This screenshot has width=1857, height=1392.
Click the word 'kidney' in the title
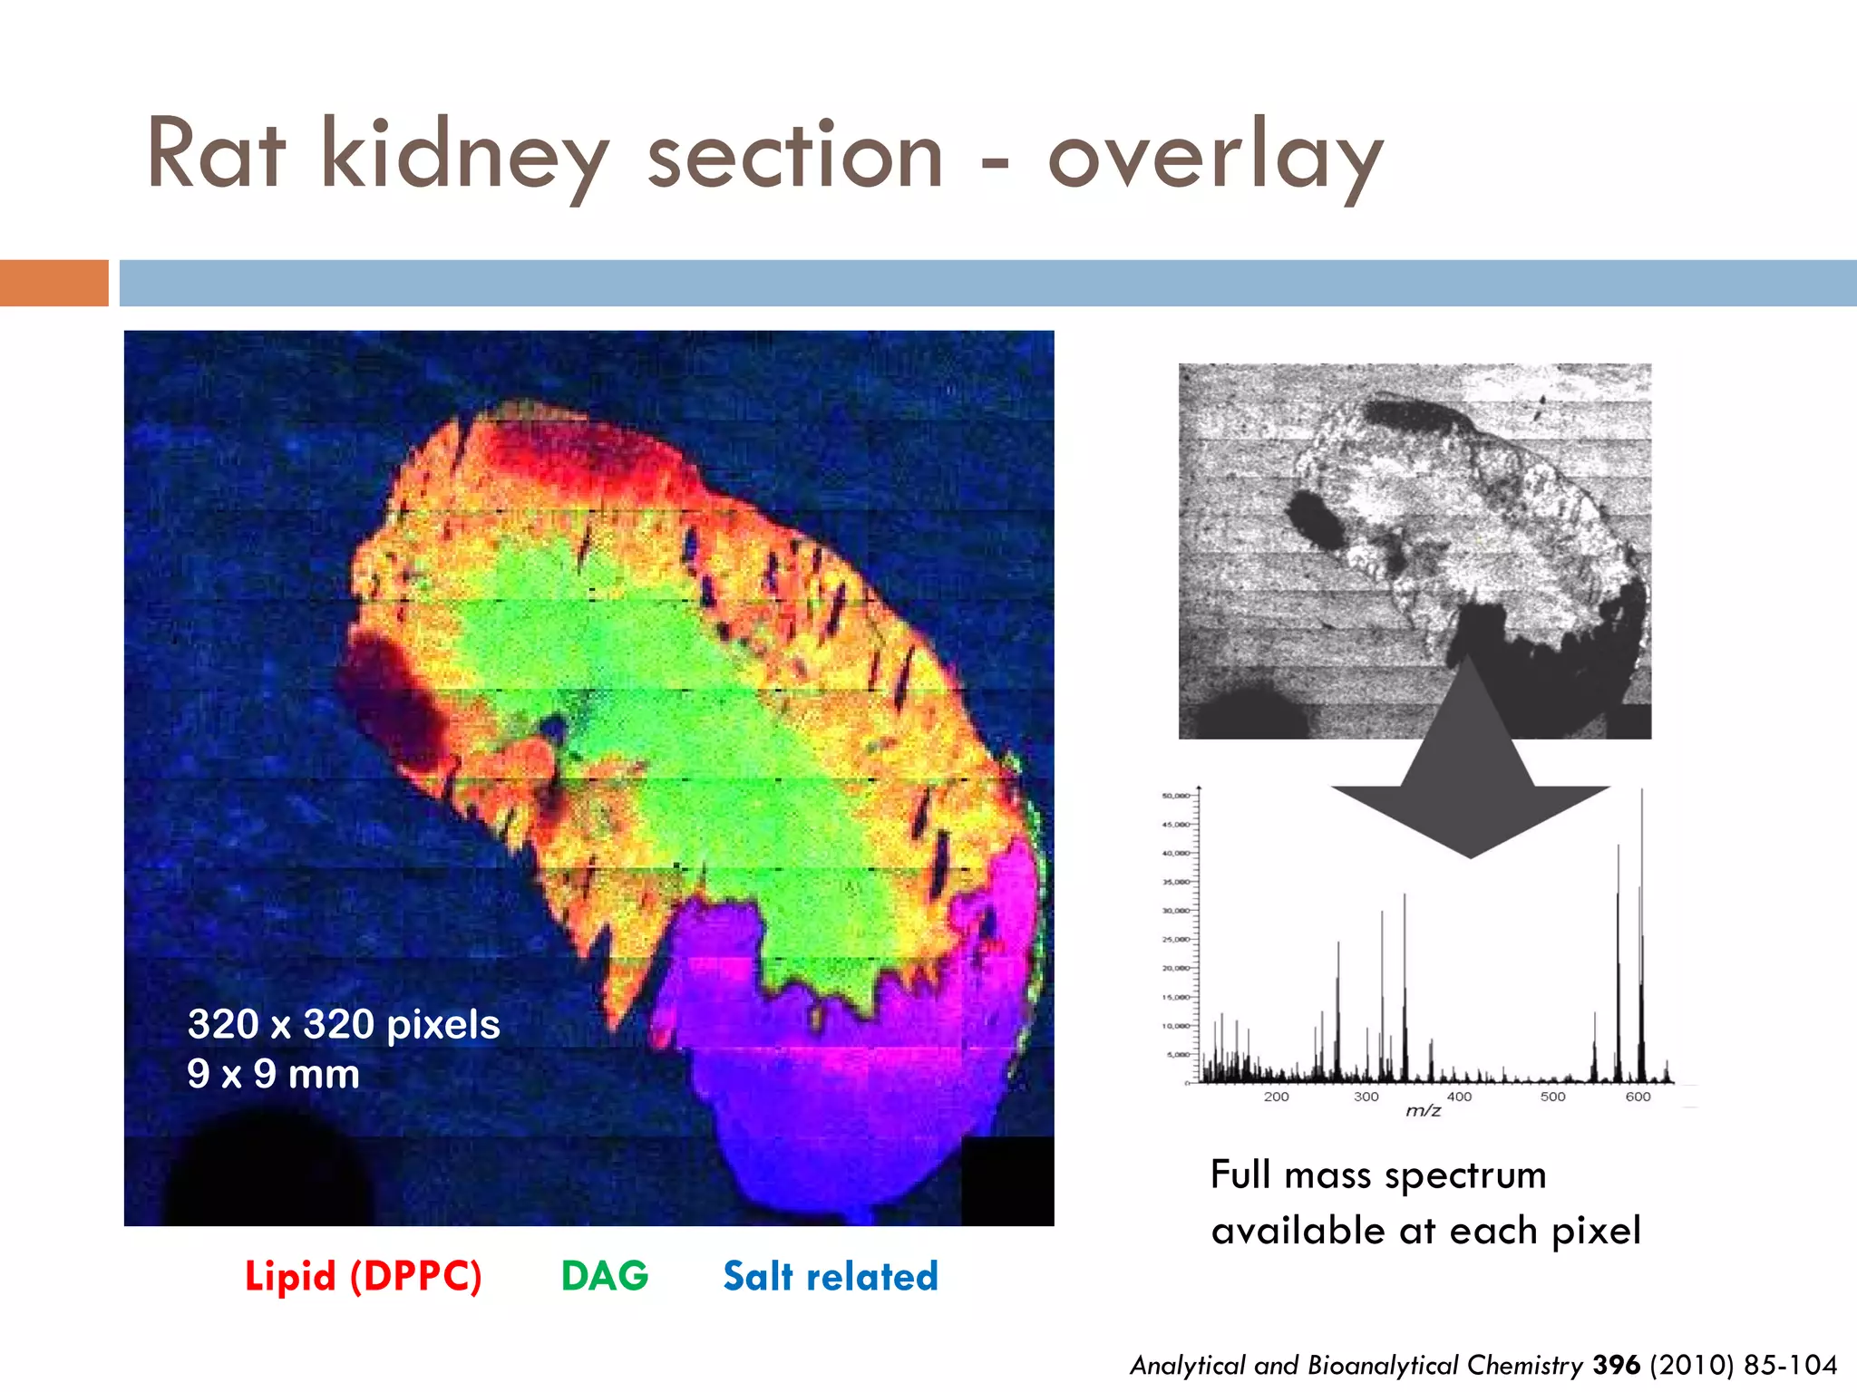464,156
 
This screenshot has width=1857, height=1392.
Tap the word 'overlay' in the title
1215,156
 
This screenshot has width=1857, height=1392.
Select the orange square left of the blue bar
53,283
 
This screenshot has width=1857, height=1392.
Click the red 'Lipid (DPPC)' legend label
363,1276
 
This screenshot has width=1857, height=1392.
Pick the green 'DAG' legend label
605,1276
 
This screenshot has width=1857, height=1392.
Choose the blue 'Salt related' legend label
830,1276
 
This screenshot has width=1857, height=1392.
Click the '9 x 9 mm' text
273,1074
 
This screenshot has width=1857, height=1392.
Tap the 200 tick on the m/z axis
1276,1097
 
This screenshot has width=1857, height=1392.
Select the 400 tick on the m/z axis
1459,1097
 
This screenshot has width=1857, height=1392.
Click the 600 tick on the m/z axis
1638,1097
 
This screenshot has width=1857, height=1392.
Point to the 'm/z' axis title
1423,1111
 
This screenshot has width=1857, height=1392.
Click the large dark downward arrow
1469,779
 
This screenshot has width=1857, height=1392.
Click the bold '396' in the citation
1617,1365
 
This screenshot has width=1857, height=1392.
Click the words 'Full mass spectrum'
1378,1174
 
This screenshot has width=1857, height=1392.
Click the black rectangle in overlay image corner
1006,1180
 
